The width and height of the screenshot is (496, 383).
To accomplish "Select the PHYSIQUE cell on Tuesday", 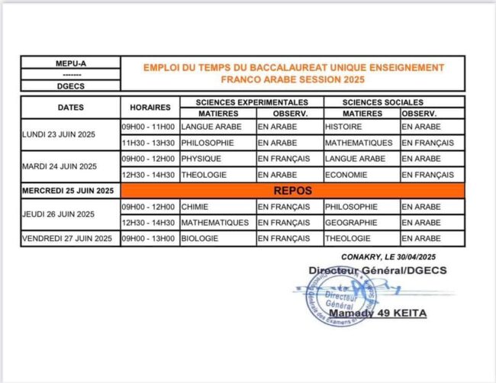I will click(x=201, y=159).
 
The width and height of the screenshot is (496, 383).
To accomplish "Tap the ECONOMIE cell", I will click(x=345, y=175).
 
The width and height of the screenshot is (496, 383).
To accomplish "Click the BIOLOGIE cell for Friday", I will click(x=200, y=239).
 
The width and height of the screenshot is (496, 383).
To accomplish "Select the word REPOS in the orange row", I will click(x=293, y=190).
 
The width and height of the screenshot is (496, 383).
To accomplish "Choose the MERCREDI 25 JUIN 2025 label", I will click(x=68, y=191).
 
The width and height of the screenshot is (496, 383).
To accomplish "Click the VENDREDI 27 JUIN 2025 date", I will click(x=68, y=239).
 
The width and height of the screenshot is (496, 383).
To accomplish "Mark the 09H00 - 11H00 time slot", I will click(x=148, y=126).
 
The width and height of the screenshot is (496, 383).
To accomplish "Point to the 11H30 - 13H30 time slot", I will click(x=148, y=143).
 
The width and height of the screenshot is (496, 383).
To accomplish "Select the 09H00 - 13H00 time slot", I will click(x=148, y=239).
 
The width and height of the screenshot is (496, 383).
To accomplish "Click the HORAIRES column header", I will click(x=150, y=108).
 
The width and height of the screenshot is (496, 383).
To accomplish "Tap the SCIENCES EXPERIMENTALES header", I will click(x=251, y=101).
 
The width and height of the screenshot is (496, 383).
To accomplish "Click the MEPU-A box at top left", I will click(x=69, y=65).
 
